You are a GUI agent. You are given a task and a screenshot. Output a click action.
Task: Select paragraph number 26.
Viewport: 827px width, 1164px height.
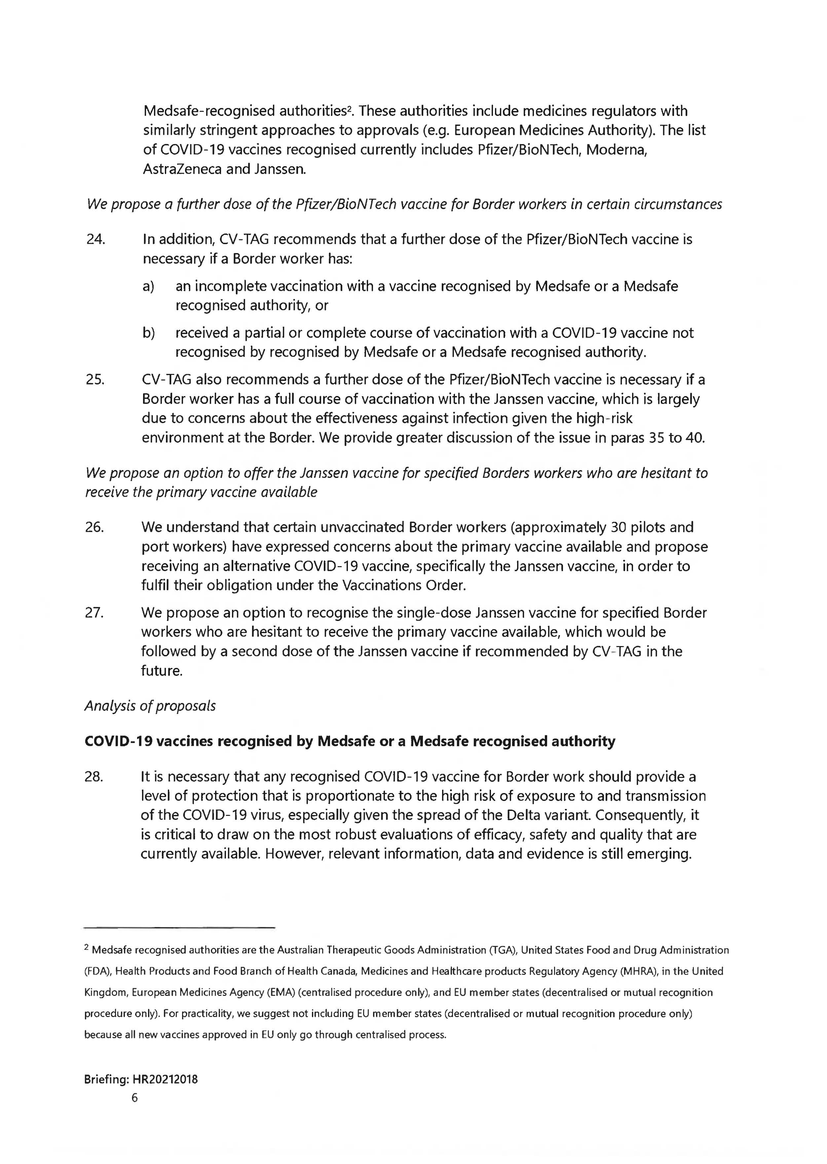point(95,527)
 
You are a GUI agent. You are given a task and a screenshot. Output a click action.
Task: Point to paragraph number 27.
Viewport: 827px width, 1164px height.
point(95,613)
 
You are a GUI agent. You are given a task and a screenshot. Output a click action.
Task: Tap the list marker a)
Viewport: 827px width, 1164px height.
point(148,287)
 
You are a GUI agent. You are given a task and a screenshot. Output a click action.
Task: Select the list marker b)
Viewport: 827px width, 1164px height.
point(148,333)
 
